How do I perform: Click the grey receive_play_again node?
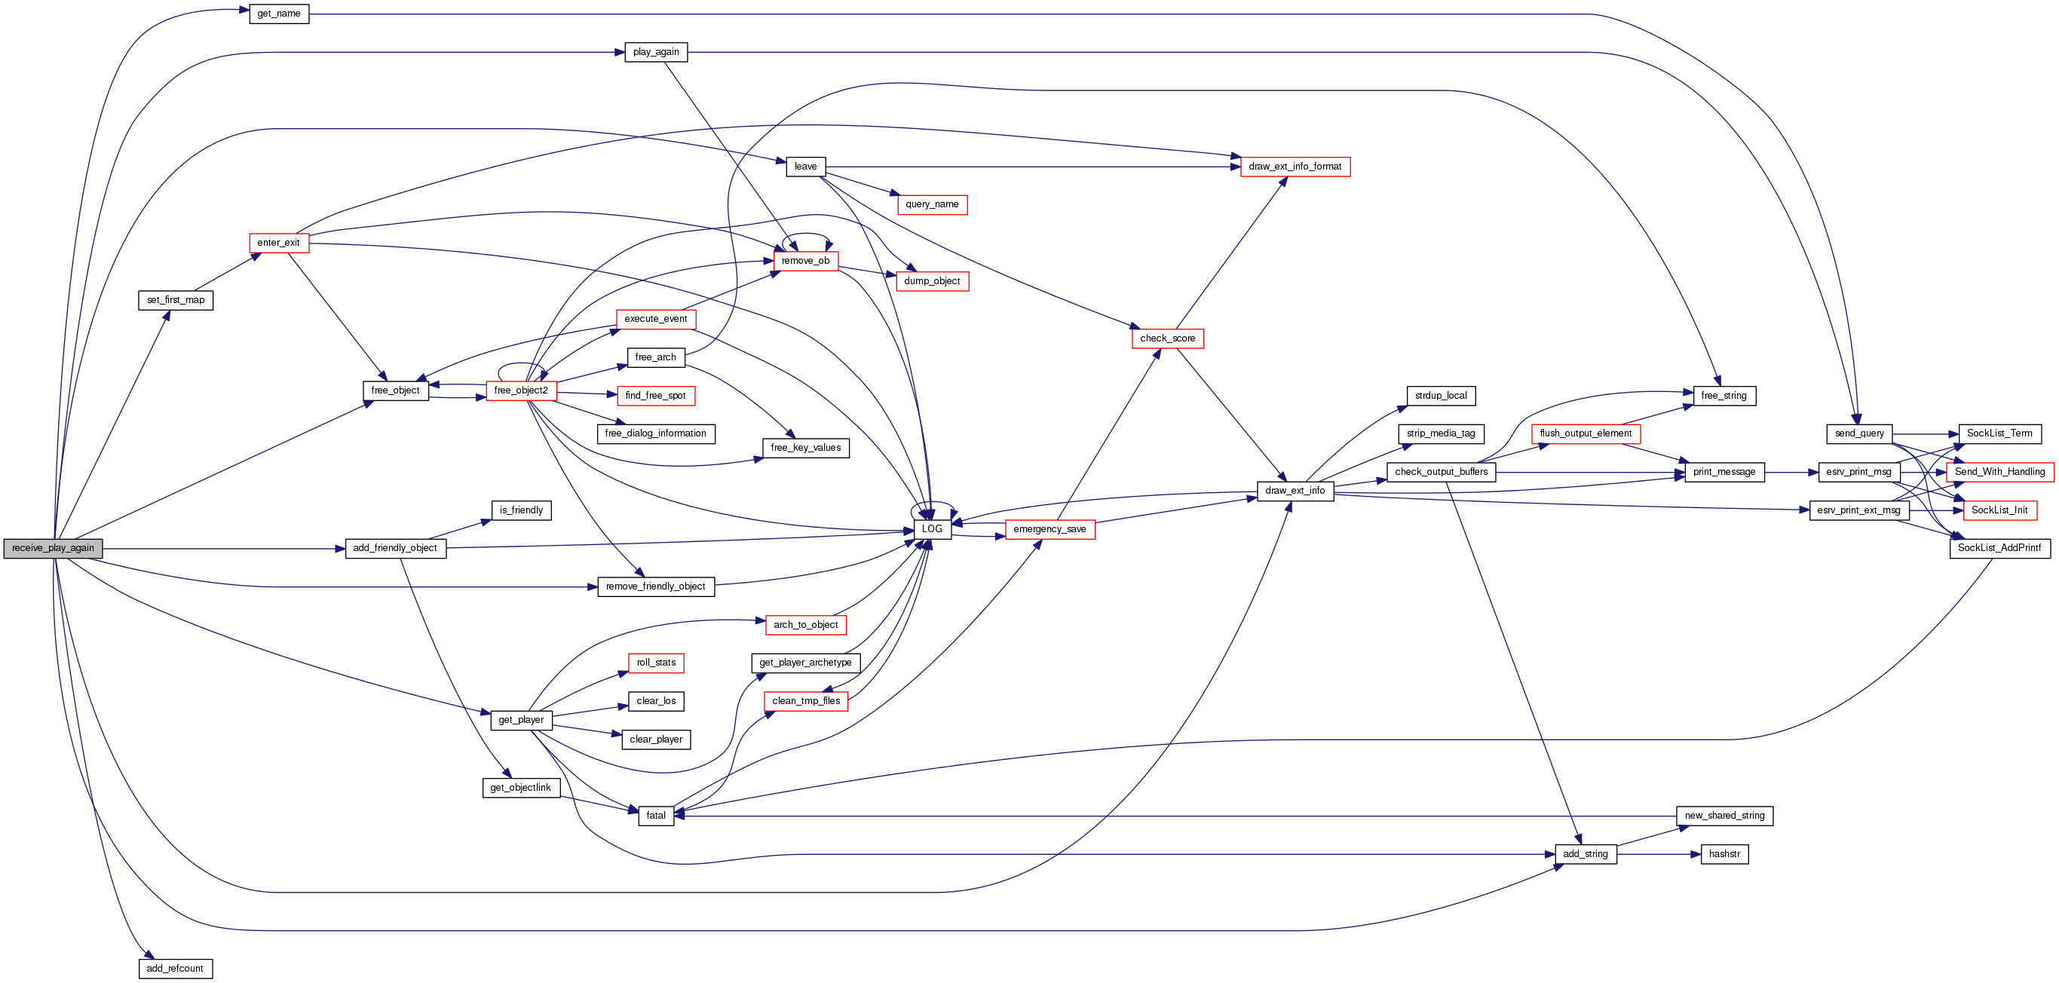coord(53,548)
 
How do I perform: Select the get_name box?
coord(279,14)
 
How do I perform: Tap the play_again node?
coord(655,52)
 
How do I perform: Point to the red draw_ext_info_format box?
coord(1295,167)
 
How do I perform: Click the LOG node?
coord(932,529)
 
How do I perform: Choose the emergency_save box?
coord(1049,529)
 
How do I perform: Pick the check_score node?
coord(1167,339)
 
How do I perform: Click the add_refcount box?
coord(175,969)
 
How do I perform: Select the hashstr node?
coord(1724,854)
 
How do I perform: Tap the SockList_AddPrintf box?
coord(1999,548)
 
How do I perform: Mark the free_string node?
coord(1724,396)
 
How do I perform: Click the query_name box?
coord(932,204)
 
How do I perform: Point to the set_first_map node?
coord(175,301)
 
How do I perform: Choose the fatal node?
coord(655,816)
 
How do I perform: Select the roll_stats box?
coord(655,663)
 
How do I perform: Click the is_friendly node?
coord(521,510)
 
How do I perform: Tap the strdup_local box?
coord(1440,396)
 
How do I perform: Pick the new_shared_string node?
coord(1724,816)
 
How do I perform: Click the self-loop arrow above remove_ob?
coord(807,235)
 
